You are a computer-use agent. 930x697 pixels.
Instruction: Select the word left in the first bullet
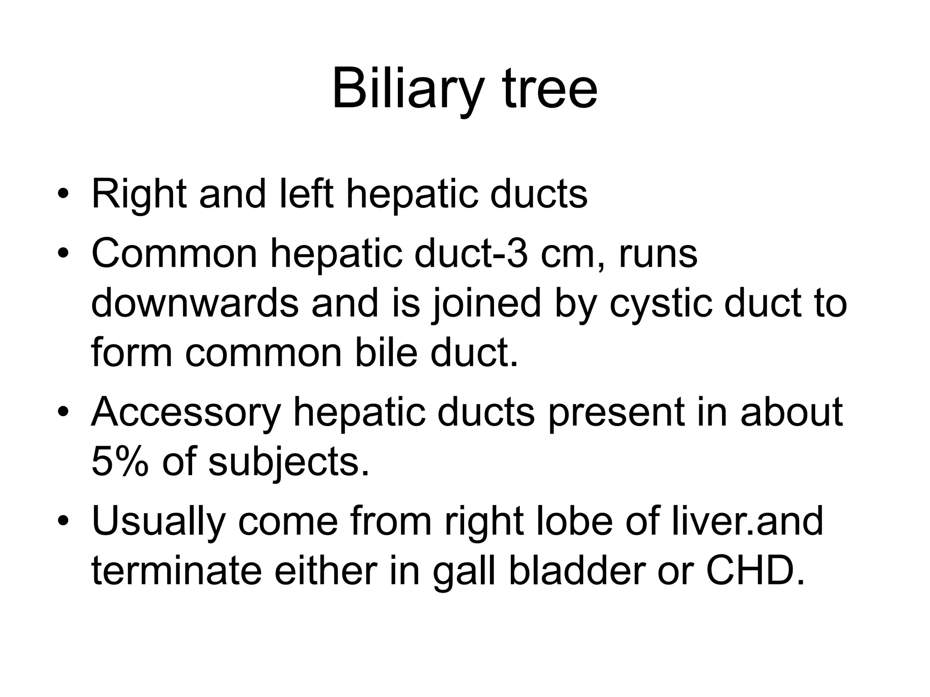[x=307, y=194]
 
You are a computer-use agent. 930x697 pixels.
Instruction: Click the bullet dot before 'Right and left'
[x=63, y=196]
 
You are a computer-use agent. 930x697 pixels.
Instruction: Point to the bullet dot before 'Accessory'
[x=63, y=413]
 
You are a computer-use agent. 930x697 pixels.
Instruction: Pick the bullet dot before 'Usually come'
[x=63, y=521]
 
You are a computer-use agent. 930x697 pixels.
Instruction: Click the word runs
[x=658, y=254]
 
